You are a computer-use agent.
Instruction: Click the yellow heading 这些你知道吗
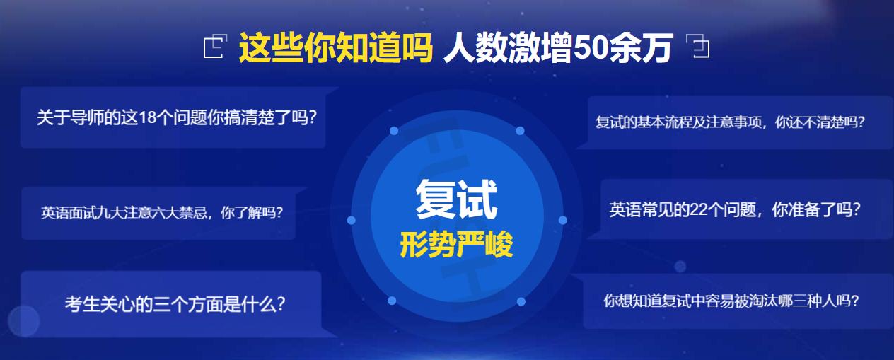pyautogui.click(x=335, y=48)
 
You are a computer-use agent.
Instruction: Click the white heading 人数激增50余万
pyautogui.click(x=557, y=48)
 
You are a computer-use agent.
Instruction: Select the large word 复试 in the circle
pyautogui.click(x=456, y=199)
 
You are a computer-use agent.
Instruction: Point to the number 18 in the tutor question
pyautogui.click(x=147, y=117)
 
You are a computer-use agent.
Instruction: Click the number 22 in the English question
pyautogui.click(x=699, y=210)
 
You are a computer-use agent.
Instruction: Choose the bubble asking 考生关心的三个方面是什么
pyautogui.click(x=175, y=304)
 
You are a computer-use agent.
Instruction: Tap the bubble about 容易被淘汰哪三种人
pyautogui.click(x=731, y=301)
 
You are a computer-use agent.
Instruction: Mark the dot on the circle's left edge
pyautogui.click(x=351, y=221)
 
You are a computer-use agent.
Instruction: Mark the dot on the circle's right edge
pyautogui.click(x=563, y=220)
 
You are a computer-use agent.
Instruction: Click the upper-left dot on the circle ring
pyautogui.click(x=394, y=131)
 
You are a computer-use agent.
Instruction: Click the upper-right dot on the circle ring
pyautogui.click(x=520, y=131)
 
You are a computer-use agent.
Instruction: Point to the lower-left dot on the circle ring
pyautogui.click(x=394, y=302)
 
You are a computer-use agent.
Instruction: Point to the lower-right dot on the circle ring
pyautogui.click(x=521, y=302)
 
